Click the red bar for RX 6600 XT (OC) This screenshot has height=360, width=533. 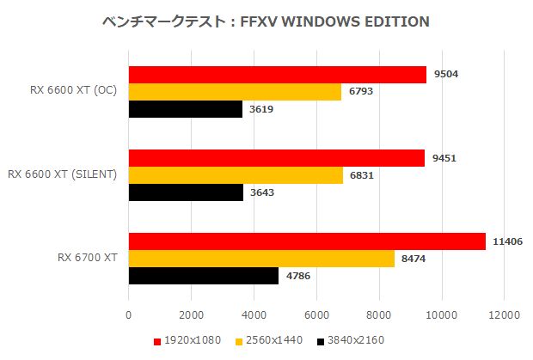point(277,75)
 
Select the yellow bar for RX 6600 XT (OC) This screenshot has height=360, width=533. point(235,92)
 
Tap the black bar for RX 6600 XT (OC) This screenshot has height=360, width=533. point(185,109)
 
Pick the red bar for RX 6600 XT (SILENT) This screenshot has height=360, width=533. point(276,158)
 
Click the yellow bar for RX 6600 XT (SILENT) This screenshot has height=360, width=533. point(236,175)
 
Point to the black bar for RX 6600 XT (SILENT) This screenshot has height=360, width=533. point(186,192)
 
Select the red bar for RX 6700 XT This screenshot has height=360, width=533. point(307,242)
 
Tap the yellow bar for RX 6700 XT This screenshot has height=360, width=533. point(261,259)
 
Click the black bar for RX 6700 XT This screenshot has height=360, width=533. point(204,276)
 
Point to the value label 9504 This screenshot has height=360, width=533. point(445,75)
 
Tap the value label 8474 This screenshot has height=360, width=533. point(414,259)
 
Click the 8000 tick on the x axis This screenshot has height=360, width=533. point(379,315)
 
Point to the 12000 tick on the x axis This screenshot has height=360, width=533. point(504,315)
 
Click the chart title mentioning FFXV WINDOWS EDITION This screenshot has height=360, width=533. point(266,21)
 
